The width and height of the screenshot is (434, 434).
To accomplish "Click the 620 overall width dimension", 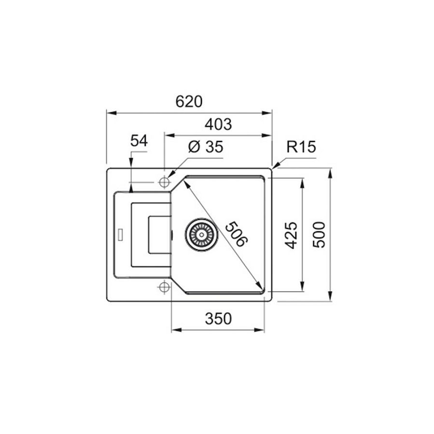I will click(x=189, y=102).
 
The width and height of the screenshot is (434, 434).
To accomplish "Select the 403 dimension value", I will click(x=218, y=125).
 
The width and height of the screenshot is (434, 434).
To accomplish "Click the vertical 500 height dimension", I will click(x=319, y=235).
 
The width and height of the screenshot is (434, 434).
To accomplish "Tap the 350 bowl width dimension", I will click(x=218, y=319).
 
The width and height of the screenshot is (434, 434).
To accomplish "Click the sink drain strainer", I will click(x=199, y=234).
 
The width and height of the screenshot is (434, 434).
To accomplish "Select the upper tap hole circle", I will click(x=164, y=182).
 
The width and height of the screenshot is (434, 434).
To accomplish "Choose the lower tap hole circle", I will click(x=164, y=287).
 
